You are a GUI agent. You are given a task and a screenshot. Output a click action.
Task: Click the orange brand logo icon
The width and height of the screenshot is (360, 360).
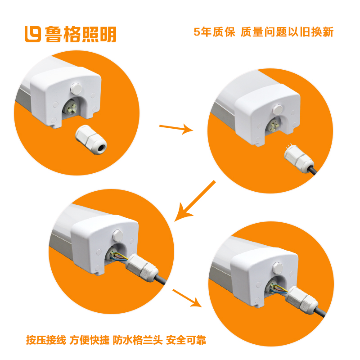click(32, 34)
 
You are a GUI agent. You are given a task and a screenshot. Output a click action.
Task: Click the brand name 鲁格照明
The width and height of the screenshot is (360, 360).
click(81, 34)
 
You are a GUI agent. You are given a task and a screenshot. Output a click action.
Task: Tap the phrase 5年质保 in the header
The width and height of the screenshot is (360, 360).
click(214, 32)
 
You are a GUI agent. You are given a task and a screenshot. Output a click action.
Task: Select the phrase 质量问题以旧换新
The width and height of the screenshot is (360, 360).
click(287, 32)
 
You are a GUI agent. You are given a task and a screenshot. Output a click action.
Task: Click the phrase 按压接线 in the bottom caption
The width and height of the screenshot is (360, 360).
click(46, 340)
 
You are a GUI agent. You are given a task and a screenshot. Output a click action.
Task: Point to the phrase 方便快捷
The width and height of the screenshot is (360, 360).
click(89, 340)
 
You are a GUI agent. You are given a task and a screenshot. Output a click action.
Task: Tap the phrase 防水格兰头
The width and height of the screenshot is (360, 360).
click(138, 340)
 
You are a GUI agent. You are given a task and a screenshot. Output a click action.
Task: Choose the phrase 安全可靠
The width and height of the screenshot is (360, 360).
click(186, 340)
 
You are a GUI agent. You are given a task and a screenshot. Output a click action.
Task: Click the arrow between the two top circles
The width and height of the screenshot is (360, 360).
click(176, 129)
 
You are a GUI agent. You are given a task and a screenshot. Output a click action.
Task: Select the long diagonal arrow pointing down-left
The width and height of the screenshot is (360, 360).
click(195, 201)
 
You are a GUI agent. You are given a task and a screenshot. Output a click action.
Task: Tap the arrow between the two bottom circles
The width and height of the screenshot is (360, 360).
click(187, 298)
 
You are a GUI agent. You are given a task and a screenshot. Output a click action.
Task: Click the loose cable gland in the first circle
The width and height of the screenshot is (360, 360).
click(91, 139)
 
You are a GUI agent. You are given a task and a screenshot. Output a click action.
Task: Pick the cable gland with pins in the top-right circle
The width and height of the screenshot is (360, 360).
click(298, 158)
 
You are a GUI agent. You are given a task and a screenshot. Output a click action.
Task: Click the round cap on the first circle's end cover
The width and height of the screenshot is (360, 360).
click(76, 89)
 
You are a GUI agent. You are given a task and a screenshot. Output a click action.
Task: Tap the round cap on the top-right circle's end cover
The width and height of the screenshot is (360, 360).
click(277, 109)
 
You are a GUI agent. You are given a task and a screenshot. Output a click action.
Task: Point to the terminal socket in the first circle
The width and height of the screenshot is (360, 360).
click(71, 108)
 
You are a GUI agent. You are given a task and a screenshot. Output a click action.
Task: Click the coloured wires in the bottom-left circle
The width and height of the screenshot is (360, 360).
click(119, 256)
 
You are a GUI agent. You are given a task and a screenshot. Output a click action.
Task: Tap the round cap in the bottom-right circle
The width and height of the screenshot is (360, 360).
click(277, 268)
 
